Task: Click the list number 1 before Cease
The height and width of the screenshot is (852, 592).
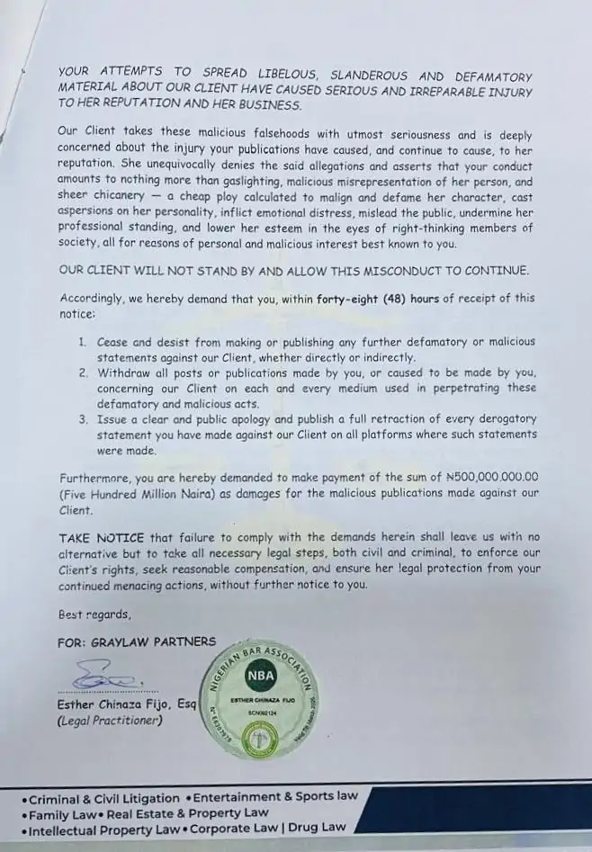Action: coord(81,343)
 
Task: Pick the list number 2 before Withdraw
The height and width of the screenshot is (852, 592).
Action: coord(81,372)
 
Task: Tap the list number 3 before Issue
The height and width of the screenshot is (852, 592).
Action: coord(81,419)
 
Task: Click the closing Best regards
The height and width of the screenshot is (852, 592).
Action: coord(94,615)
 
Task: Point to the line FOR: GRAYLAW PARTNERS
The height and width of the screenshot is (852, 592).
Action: coord(137,641)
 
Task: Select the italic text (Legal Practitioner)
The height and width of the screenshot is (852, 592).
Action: coord(109,721)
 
